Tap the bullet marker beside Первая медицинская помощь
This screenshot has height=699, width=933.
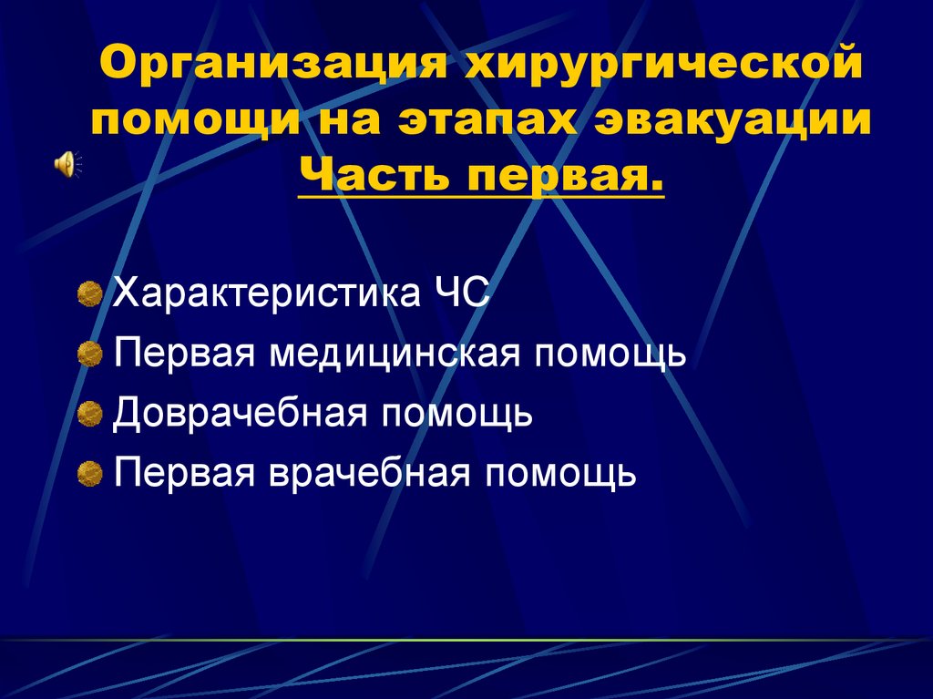[89, 354]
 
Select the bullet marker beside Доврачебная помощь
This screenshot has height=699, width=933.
[89, 414]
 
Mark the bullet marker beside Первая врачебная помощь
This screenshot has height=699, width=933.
[89, 473]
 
